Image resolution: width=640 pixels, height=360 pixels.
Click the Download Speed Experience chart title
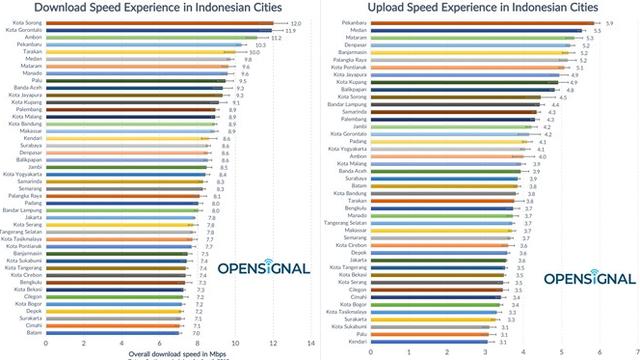pos(157,7)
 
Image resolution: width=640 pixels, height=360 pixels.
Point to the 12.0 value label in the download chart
pos(296,22)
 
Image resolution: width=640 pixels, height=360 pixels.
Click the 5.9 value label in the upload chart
pos(610,20)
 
